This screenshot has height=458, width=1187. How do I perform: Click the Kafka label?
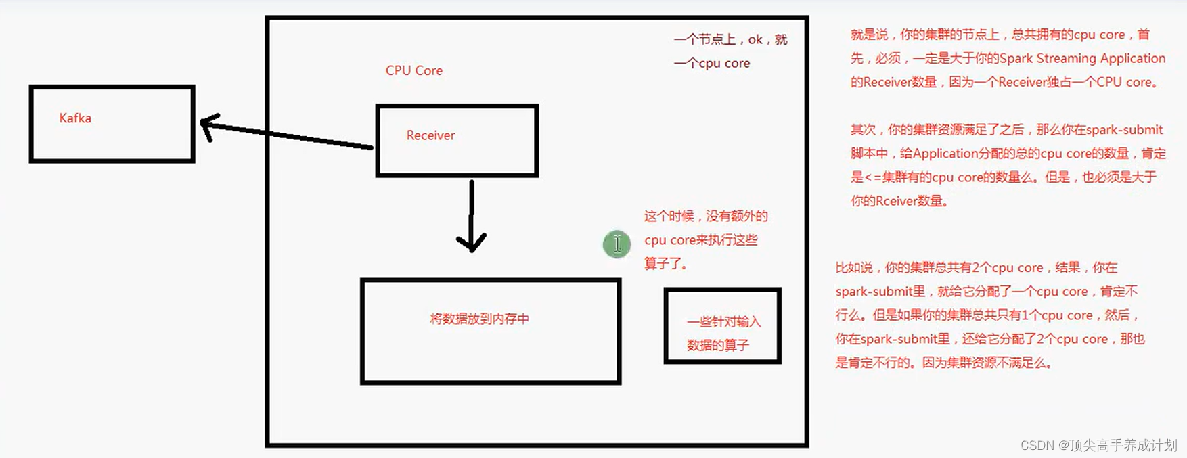pyautogui.click(x=75, y=118)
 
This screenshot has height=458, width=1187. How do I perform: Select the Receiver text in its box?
pyautogui.click(x=430, y=135)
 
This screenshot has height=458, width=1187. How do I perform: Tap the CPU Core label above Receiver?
pyautogui.click(x=413, y=70)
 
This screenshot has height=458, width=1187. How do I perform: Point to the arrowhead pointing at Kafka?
pyautogui.click(x=207, y=125)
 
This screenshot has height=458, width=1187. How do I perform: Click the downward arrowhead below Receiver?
pyautogui.click(x=471, y=242)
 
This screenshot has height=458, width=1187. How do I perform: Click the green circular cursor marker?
pyautogui.click(x=617, y=244)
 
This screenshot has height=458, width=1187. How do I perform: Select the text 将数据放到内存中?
pyautogui.click(x=479, y=319)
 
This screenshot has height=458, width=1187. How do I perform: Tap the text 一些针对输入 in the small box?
pyautogui.click(x=723, y=322)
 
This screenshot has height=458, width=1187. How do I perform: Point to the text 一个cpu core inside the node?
pyautogui.click(x=711, y=63)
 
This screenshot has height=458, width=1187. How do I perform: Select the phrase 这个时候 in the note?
pyautogui.click(x=669, y=216)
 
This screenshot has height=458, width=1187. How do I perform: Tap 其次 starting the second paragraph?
pyautogui.click(x=863, y=130)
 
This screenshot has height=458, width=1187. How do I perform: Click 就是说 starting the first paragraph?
pyautogui.click(x=869, y=35)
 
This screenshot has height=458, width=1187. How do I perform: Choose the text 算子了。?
pyautogui.click(x=666, y=264)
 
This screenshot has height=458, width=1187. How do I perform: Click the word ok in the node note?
pyautogui.click(x=755, y=39)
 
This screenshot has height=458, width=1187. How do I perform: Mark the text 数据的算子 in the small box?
pyautogui.click(x=717, y=346)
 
